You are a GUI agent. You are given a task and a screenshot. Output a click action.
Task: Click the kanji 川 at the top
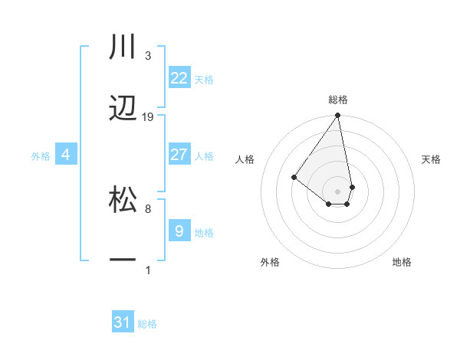pos(123,47)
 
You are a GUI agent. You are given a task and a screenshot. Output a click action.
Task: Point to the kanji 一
pos(123,261)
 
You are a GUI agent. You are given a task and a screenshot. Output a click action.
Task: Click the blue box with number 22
pos(179,77)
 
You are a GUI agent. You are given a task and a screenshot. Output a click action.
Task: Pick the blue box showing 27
pos(179,155)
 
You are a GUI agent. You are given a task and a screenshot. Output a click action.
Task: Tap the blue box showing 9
pos(179,231)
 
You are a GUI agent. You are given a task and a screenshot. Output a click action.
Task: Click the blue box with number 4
pos(66,155)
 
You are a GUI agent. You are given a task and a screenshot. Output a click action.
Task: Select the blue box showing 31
pos(123,322)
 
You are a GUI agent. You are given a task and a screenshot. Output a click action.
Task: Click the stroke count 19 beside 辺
pos(148,117)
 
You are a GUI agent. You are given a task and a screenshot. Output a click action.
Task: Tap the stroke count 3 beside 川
pos(148,56)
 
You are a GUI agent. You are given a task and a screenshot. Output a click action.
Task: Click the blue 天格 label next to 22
pos(204,79)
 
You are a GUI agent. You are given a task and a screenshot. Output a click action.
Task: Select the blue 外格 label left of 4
pos(41,155)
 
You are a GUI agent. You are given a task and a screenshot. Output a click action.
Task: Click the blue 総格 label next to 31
pos(147,324)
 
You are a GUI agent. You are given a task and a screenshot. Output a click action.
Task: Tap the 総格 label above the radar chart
pos(338,100)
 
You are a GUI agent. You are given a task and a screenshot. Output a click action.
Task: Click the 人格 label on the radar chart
pos(245,159)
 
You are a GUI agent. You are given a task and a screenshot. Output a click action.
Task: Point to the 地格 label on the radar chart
pos(402,262)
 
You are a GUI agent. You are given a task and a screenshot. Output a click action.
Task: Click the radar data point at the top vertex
pos(337,116)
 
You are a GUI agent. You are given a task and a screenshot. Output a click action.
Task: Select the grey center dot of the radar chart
pos(337,191)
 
